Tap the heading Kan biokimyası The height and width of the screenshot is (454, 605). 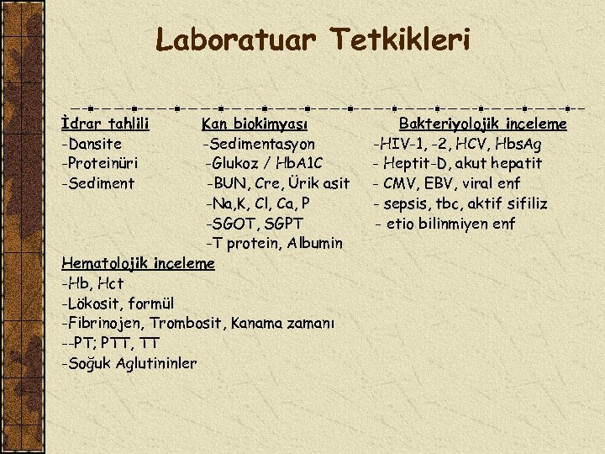[255, 124]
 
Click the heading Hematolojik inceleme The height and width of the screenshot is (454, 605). [139, 263]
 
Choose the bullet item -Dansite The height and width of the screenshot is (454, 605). [92, 144]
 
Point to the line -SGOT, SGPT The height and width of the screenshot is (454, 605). [255, 224]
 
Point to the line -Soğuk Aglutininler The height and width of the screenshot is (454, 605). [129, 363]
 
